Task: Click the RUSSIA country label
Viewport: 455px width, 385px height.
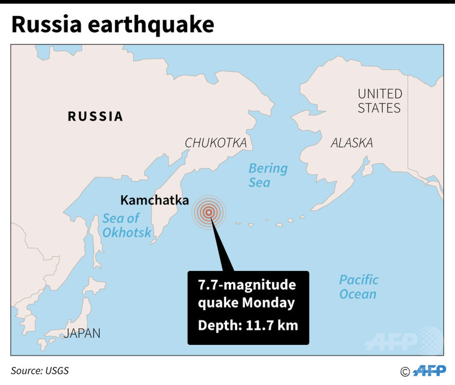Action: coord(96,116)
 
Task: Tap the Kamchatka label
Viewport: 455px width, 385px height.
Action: coord(154,200)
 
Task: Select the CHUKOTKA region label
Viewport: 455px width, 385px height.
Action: coord(216,143)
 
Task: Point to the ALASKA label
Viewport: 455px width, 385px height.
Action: coord(351,143)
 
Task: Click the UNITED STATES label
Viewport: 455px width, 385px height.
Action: coord(379,101)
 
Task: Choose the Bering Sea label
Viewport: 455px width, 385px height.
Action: coord(268,175)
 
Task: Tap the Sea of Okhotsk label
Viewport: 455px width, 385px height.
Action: coord(126,225)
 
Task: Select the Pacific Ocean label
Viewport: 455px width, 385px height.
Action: coord(359,286)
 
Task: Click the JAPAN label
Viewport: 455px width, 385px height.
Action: coord(82,333)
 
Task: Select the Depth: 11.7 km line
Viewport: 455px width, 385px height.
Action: coord(248,325)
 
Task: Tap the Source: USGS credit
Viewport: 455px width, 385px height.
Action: coord(40,370)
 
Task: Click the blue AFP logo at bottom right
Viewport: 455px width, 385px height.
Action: coord(430,371)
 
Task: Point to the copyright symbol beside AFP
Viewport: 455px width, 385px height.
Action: coord(404,372)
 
